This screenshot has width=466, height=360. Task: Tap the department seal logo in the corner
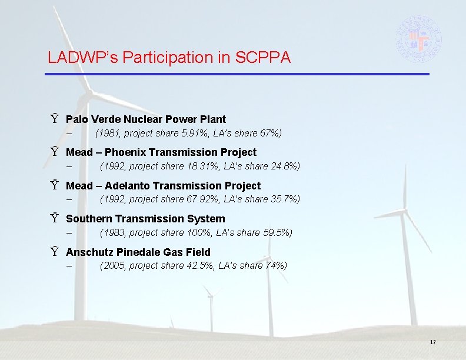point(418,35)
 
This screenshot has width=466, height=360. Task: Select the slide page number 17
point(432,342)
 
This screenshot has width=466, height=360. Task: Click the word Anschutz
point(88,252)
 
